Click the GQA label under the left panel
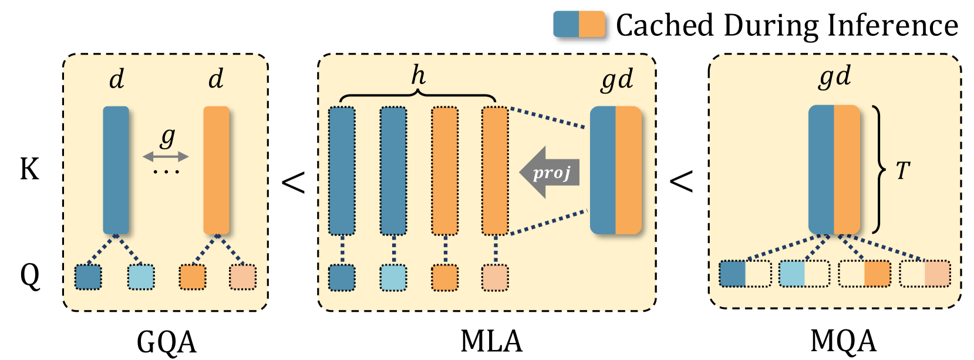167,342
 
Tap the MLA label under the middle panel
491,342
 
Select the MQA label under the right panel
844,342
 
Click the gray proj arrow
550,173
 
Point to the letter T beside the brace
903,170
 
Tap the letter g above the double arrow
167,137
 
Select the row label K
29,169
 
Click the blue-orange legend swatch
579,24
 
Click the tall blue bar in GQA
116,170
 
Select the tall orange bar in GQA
217,170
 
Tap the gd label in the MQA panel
834,78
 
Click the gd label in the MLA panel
617,80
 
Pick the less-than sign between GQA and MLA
294,181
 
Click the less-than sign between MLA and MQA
682,181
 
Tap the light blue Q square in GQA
141,277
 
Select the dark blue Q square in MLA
342,277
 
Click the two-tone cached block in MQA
834,170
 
